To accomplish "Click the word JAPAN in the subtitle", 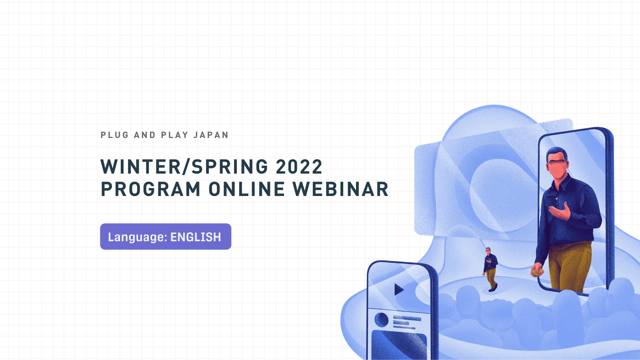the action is [211, 135].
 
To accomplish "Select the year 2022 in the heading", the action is [299, 166].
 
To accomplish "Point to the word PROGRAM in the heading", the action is [150, 189].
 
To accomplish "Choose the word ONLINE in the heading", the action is [246, 189].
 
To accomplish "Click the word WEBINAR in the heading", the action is [340, 189].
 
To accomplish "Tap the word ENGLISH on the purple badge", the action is [196, 237].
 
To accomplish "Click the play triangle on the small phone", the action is [398, 290].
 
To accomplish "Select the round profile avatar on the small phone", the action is [381, 320].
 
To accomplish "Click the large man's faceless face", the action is [558, 169].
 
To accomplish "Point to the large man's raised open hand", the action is [560, 212].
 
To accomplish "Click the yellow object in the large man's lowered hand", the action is [538, 272].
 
